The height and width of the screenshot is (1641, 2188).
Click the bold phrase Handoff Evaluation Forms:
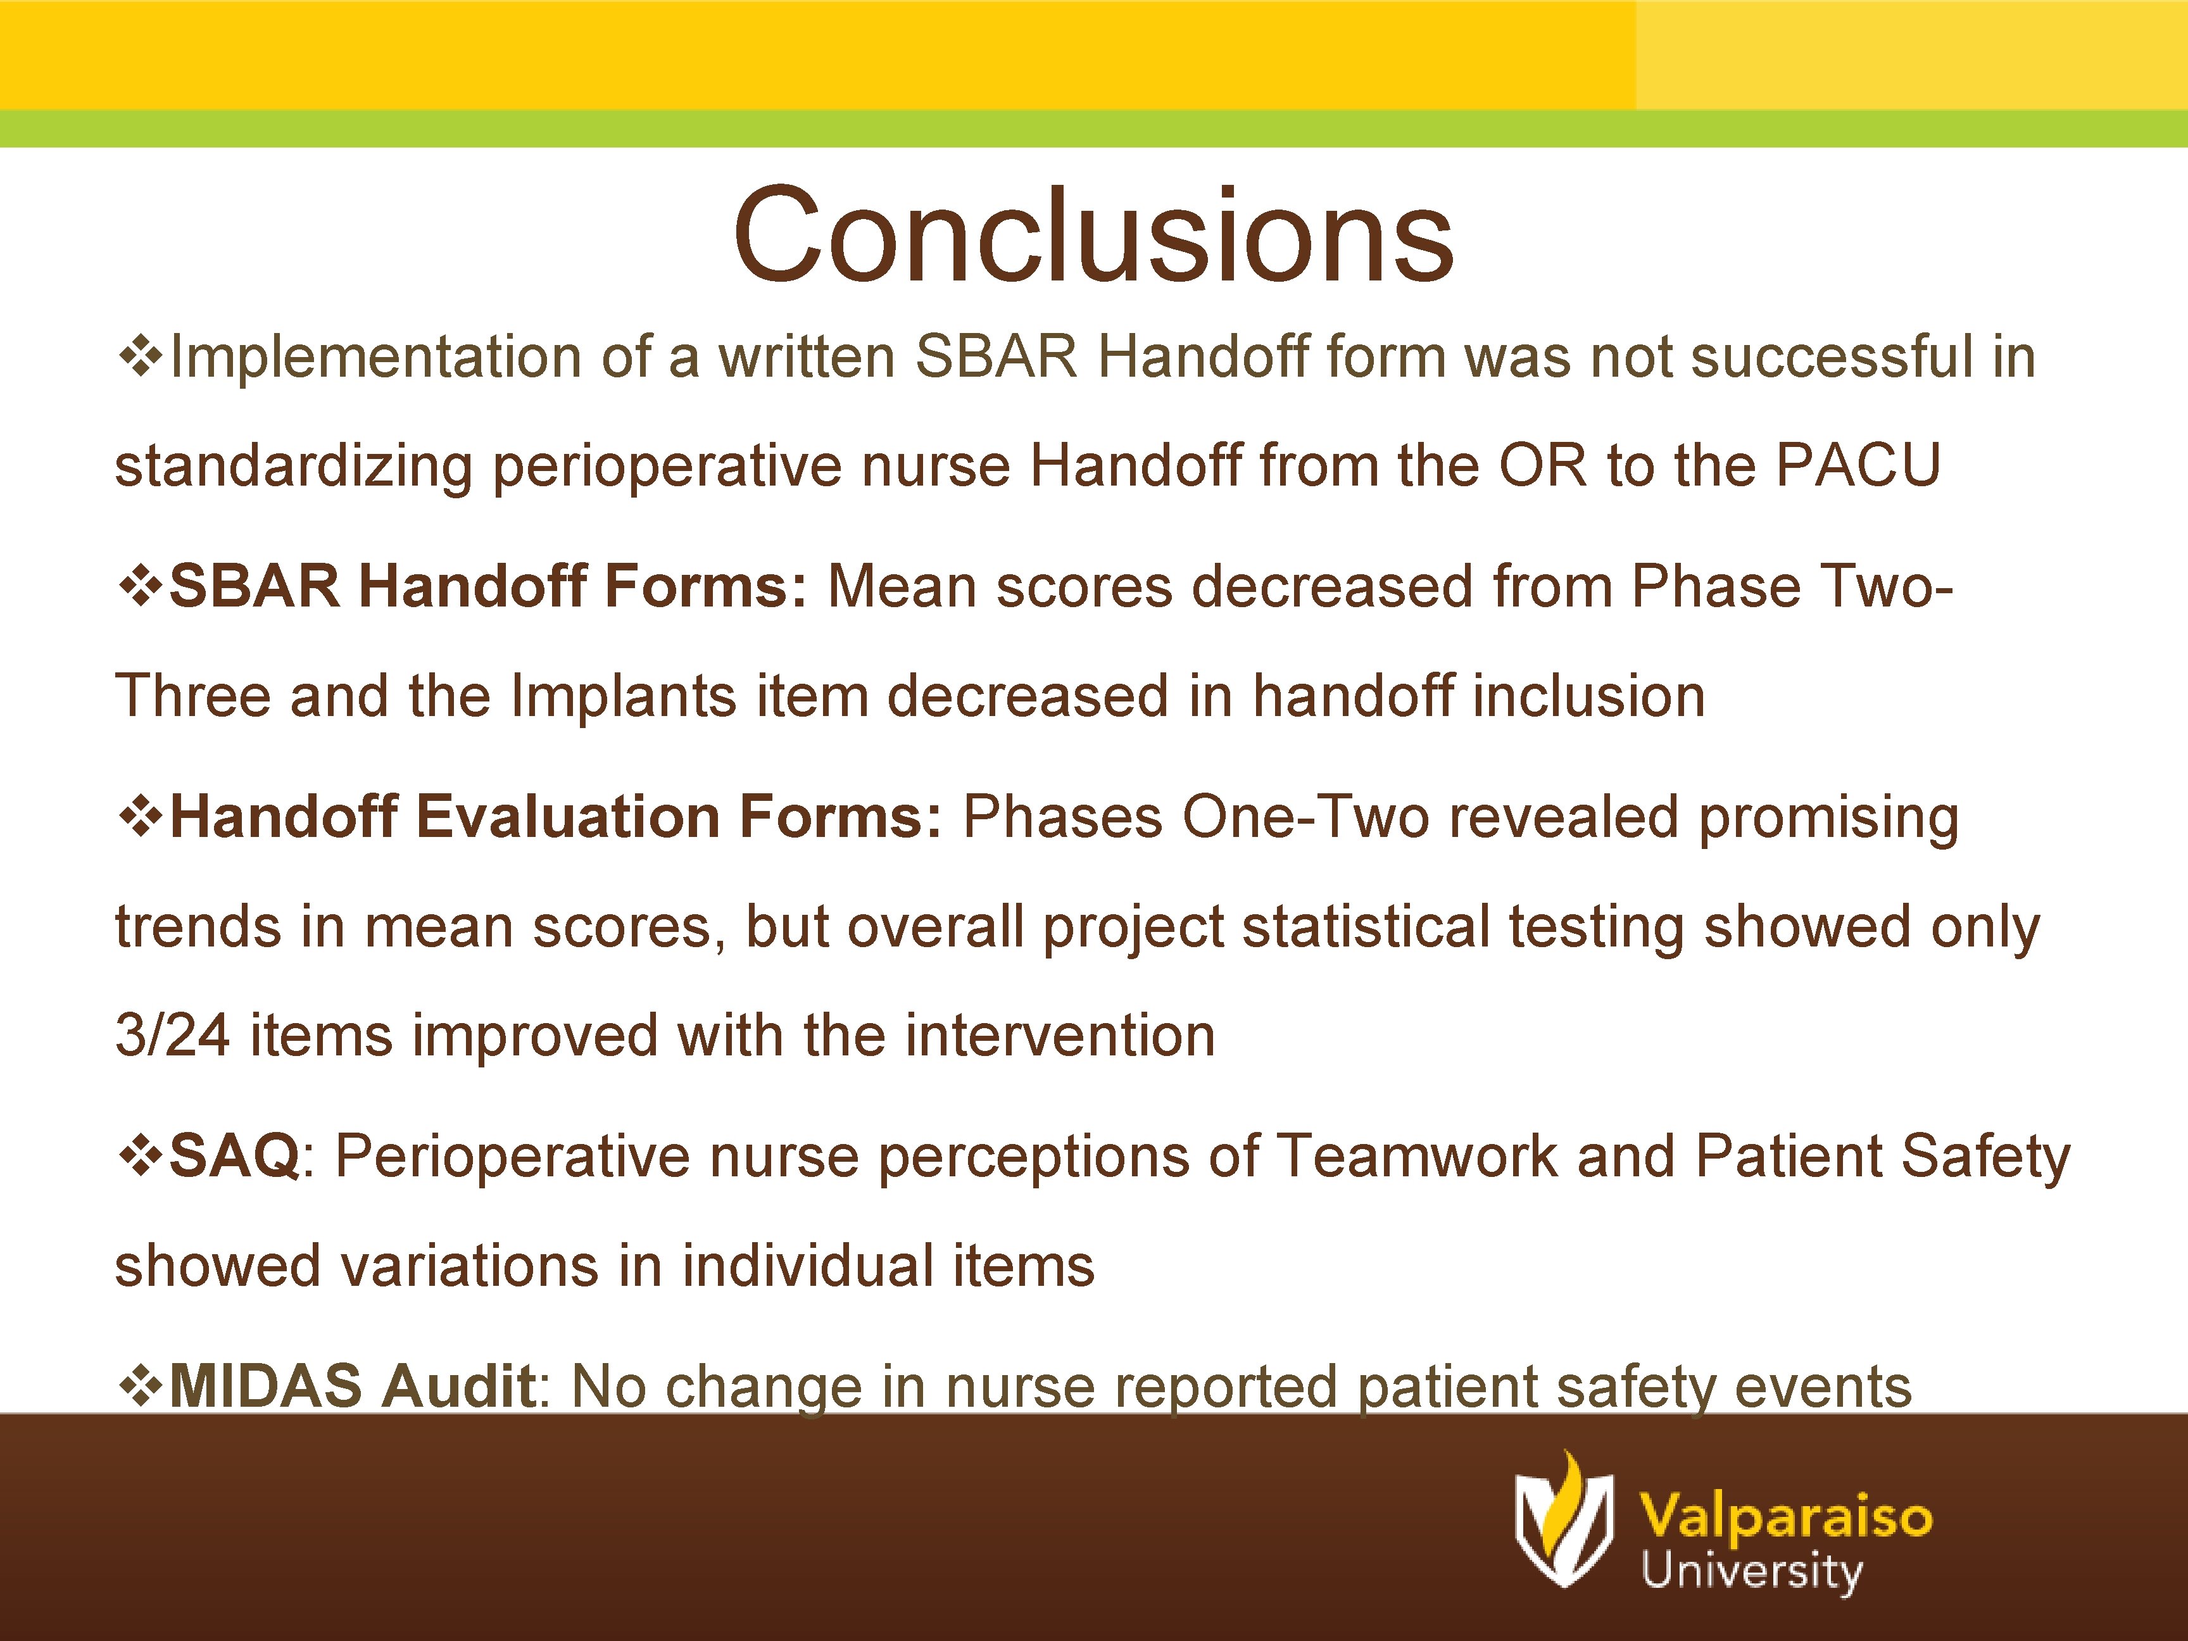[555, 817]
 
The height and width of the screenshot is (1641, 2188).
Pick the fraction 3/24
[172, 1036]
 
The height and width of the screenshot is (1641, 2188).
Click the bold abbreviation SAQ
[234, 1155]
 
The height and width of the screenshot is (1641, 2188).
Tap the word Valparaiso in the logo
[1785, 1516]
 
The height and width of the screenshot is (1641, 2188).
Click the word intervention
[1059, 1036]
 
